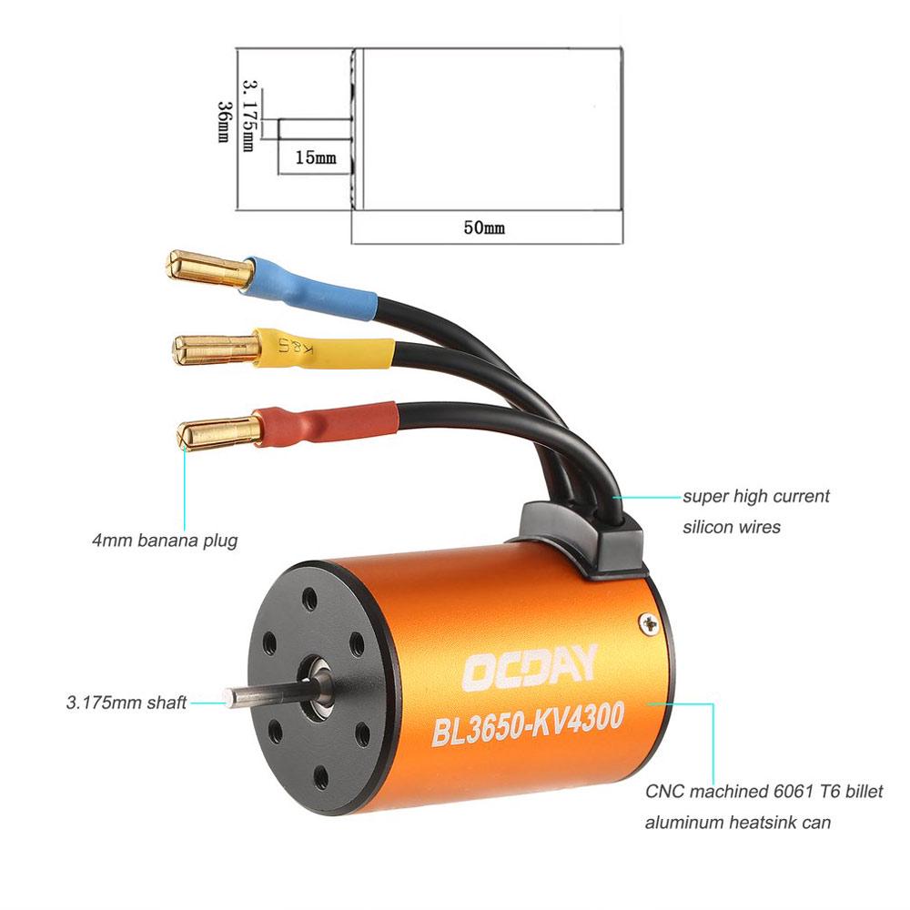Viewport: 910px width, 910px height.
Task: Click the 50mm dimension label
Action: click(x=483, y=227)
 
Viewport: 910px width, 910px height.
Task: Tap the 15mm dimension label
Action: click(x=315, y=157)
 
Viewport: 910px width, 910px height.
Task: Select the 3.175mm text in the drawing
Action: click(x=248, y=116)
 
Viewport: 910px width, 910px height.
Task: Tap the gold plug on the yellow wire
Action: click(x=215, y=347)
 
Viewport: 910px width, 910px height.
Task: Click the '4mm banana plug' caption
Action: click(x=164, y=541)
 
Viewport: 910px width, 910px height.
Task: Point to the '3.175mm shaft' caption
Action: click(x=126, y=703)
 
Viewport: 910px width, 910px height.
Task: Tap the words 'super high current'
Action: click(x=756, y=497)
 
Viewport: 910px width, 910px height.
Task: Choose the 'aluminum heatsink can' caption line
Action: click(x=737, y=824)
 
